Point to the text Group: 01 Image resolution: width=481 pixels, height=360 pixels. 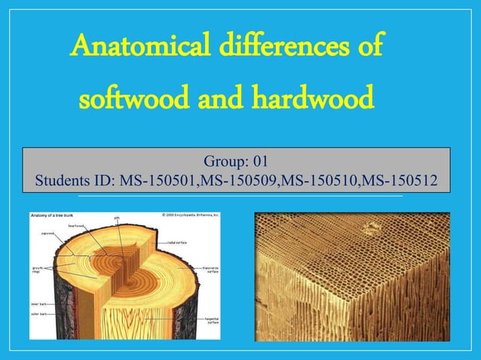coord(236,162)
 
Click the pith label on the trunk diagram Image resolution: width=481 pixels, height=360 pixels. coord(117,218)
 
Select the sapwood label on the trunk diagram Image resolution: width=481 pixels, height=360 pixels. coord(47,233)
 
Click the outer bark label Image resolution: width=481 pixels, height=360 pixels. coord(38,314)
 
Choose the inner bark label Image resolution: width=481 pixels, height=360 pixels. coord(38,304)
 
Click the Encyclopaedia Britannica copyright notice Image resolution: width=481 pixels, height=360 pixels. coord(190,215)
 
